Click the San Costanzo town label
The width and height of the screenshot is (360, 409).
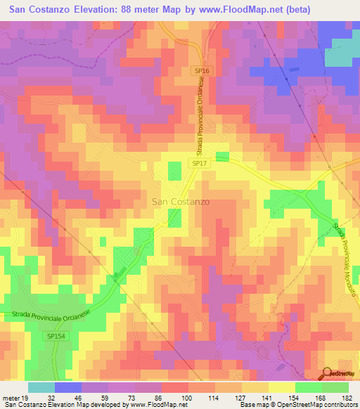pos(180,201)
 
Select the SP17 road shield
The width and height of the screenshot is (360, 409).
pos(199,163)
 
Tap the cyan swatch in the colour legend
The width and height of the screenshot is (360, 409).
pos(41,387)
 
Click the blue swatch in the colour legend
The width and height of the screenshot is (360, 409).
pos(68,387)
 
